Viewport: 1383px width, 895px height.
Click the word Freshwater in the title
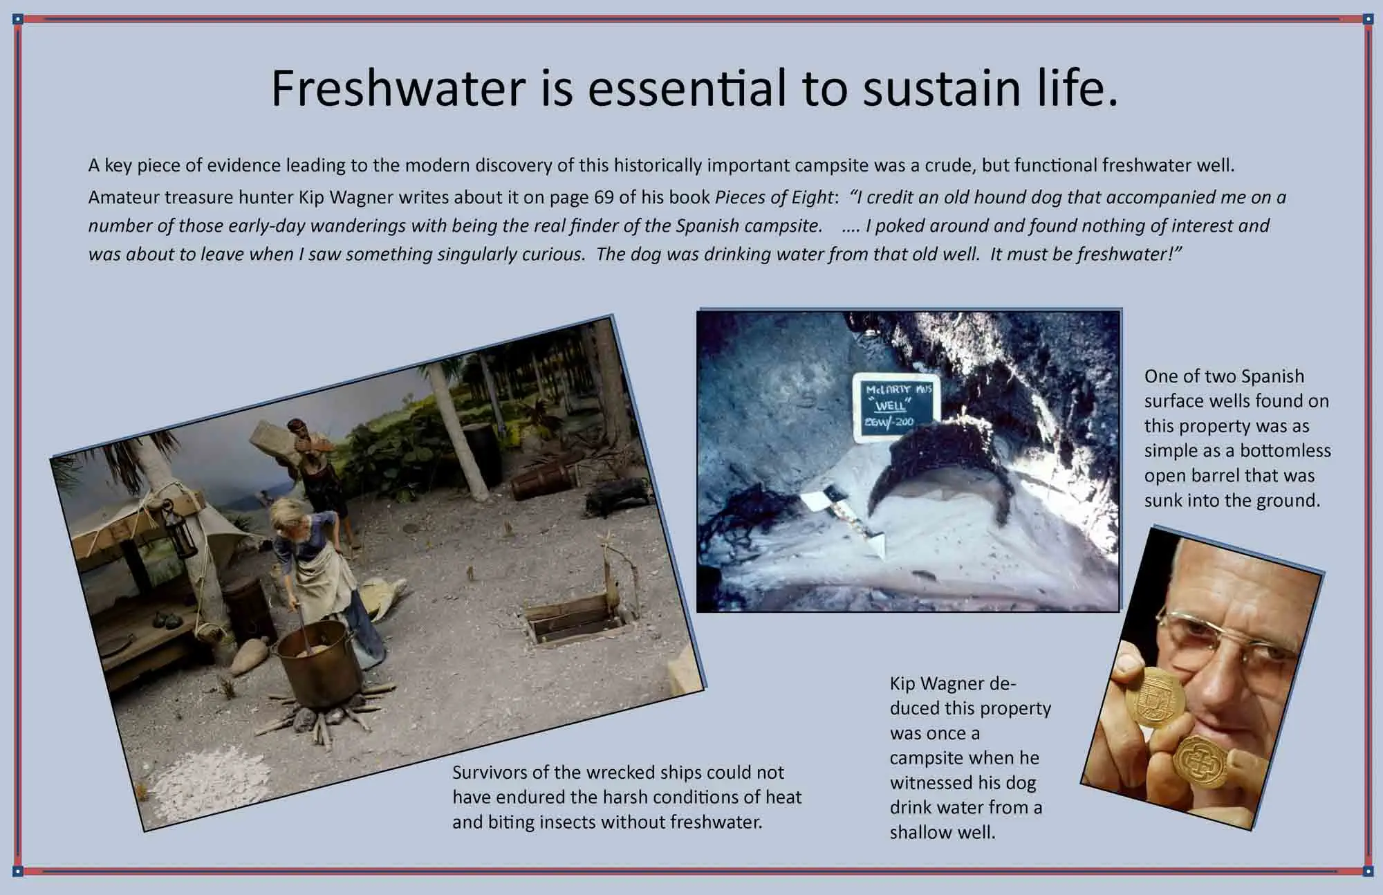(398, 89)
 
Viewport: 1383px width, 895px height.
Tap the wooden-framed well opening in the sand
(579, 620)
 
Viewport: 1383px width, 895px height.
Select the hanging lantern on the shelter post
(184, 529)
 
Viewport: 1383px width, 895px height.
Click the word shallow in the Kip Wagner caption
(919, 833)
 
